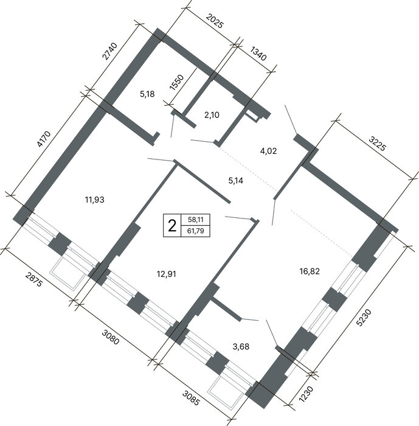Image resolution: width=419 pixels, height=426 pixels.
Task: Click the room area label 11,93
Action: point(94,200)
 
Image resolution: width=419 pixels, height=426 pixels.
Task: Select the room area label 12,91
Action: point(167,274)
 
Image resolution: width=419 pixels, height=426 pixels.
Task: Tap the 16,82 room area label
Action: point(310,271)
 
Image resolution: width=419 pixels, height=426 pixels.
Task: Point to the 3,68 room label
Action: point(241,347)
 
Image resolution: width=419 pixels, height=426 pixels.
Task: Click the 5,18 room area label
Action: point(147,94)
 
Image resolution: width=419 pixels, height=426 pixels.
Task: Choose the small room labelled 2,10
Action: point(212,115)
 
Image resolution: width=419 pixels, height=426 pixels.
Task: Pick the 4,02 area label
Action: point(269,151)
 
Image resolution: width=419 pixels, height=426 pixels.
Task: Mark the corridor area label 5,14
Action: point(236,181)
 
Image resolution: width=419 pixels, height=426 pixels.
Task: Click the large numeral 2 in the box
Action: point(172,226)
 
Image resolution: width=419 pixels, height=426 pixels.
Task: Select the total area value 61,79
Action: point(196,231)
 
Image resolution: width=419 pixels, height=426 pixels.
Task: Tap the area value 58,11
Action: point(196,220)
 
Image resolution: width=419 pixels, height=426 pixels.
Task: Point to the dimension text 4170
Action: point(44,139)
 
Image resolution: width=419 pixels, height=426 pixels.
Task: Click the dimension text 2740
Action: point(109,51)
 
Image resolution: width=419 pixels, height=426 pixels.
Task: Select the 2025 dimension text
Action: point(215,21)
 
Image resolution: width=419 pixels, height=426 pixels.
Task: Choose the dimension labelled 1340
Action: point(258,54)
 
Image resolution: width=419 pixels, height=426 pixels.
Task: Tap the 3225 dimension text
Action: point(377,144)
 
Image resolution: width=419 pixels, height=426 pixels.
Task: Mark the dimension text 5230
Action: point(364,317)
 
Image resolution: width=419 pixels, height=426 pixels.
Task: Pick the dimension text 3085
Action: point(191,397)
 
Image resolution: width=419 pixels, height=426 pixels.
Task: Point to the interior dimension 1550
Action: point(177,82)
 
